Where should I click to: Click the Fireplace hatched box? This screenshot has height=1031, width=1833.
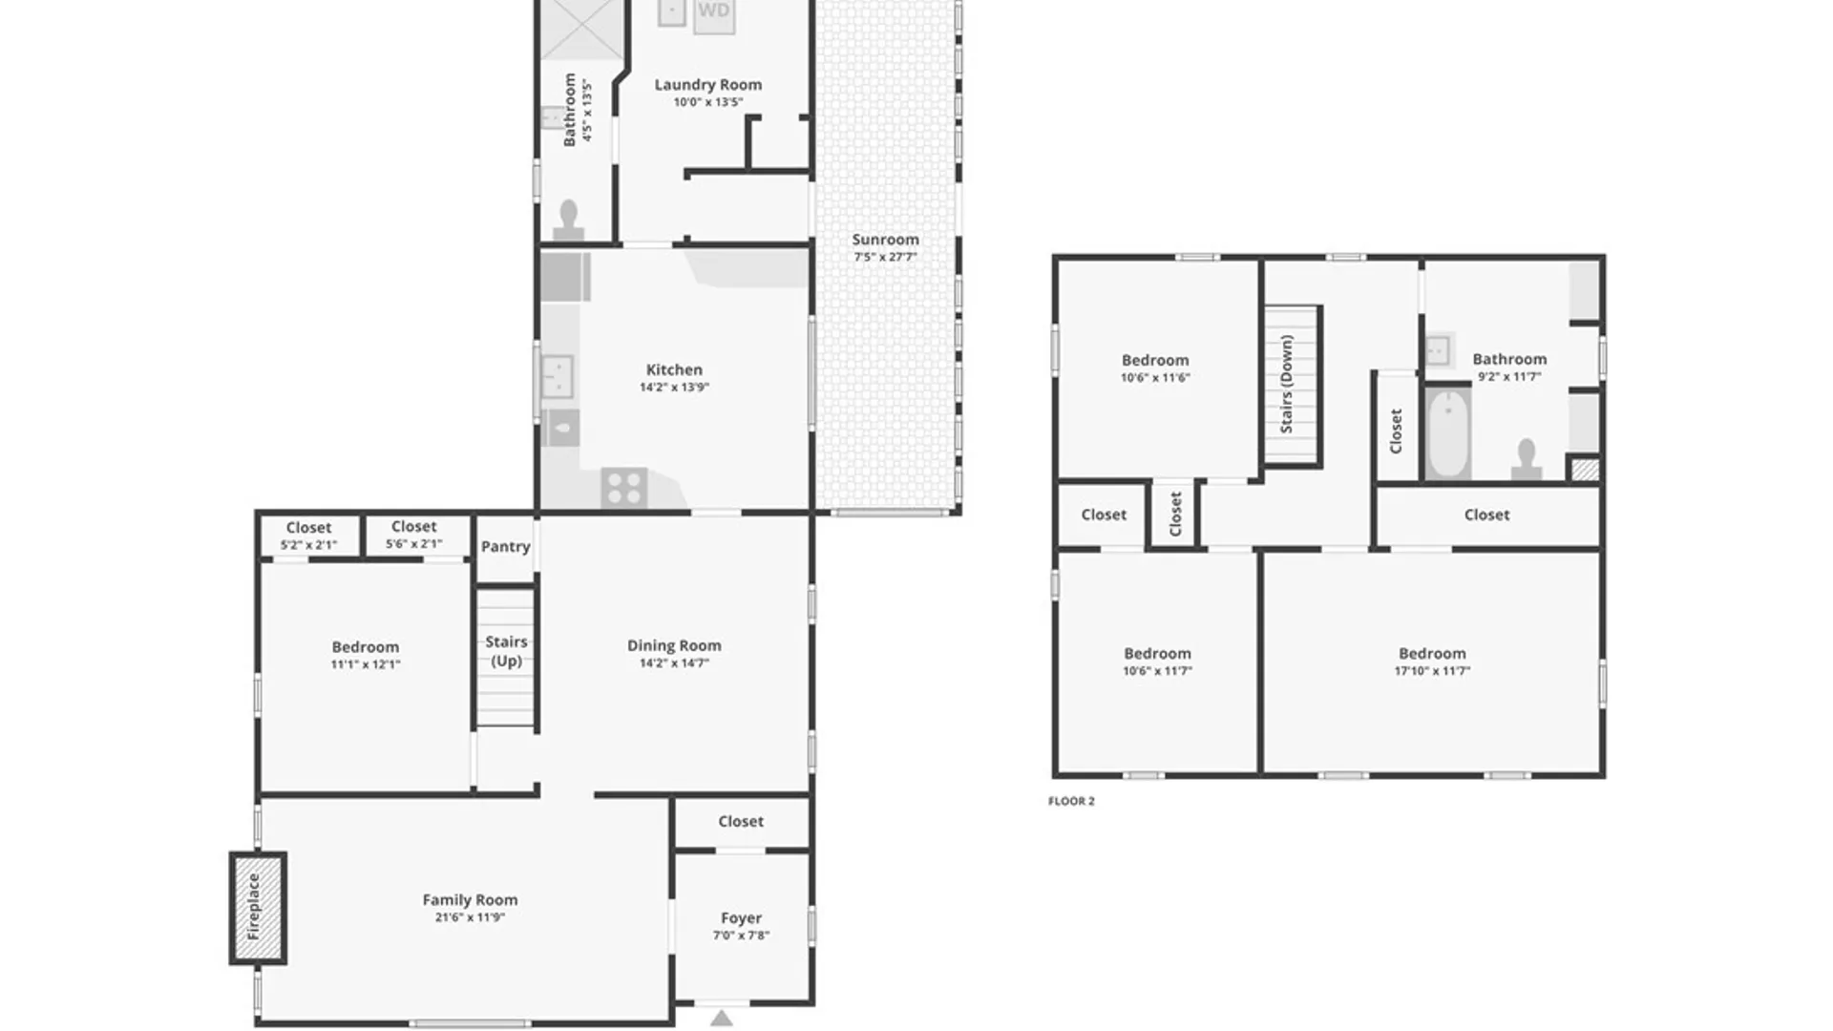[x=258, y=908]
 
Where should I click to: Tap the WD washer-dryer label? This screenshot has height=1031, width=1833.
[x=713, y=11]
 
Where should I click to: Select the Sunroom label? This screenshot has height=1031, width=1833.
[x=885, y=240]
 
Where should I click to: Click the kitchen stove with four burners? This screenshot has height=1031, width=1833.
[x=624, y=488]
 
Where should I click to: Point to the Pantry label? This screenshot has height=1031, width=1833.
[x=505, y=546]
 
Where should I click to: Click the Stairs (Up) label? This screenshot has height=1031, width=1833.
[x=506, y=651]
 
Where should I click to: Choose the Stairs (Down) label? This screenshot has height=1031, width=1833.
[x=1286, y=384]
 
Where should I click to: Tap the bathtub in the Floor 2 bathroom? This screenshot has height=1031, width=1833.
[x=1448, y=433]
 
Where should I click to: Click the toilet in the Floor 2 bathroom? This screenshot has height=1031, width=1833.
[x=1526, y=458]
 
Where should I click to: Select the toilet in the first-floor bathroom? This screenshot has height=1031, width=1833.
[x=569, y=221]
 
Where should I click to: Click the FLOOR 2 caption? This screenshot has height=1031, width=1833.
[x=1071, y=801]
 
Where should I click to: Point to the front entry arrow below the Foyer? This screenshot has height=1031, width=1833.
[x=722, y=1018]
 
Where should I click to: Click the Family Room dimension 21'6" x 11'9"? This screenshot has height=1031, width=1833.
[x=470, y=917]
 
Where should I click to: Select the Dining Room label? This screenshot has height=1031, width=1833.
[x=674, y=645]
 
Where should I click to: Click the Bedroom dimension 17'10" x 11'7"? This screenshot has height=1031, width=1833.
[x=1432, y=671]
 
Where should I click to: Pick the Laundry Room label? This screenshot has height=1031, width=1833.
[x=707, y=84]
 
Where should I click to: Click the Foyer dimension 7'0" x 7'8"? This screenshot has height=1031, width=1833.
[x=741, y=936]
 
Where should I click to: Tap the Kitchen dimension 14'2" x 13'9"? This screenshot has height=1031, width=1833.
[x=674, y=388]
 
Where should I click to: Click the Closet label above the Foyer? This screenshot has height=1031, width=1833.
[x=741, y=821]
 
